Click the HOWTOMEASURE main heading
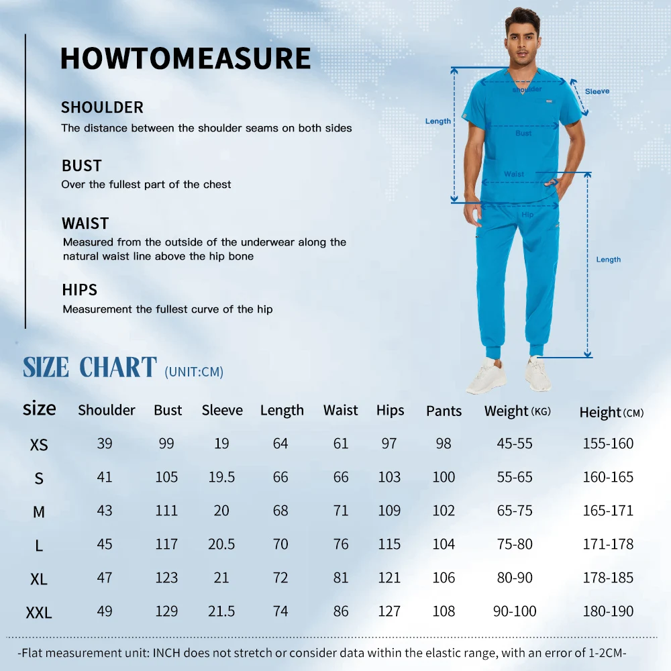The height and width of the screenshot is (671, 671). (185, 58)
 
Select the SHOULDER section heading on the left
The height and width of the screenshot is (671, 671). (102, 107)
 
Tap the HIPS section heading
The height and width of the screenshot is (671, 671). (79, 290)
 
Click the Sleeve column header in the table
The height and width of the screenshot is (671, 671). (222, 410)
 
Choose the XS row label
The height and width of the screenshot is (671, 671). (39, 444)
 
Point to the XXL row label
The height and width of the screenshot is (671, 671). (39, 612)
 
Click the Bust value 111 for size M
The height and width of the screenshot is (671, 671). (166, 511)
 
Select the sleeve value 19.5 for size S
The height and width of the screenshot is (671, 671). (221, 477)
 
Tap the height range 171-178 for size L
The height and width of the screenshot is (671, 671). (608, 544)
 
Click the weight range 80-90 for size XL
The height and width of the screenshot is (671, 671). (515, 578)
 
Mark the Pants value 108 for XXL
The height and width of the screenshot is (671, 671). (444, 611)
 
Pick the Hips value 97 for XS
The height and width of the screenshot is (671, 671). (389, 444)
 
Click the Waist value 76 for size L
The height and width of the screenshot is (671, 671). (341, 544)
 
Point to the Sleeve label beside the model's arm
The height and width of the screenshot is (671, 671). (597, 91)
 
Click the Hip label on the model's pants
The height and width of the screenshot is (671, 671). (527, 215)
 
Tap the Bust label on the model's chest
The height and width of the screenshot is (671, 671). (523, 134)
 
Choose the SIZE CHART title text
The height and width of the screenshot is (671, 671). (90, 368)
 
